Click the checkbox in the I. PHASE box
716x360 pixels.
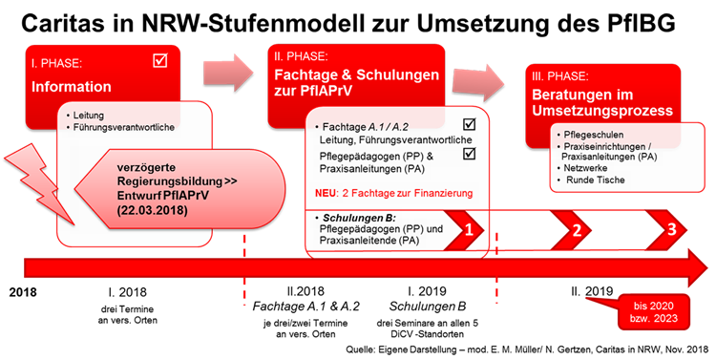click(159, 61)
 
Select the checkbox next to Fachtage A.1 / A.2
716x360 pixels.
click(469, 124)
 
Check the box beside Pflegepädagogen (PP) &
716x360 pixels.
click(469, 153)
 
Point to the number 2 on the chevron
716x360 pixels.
click(577, 230)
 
